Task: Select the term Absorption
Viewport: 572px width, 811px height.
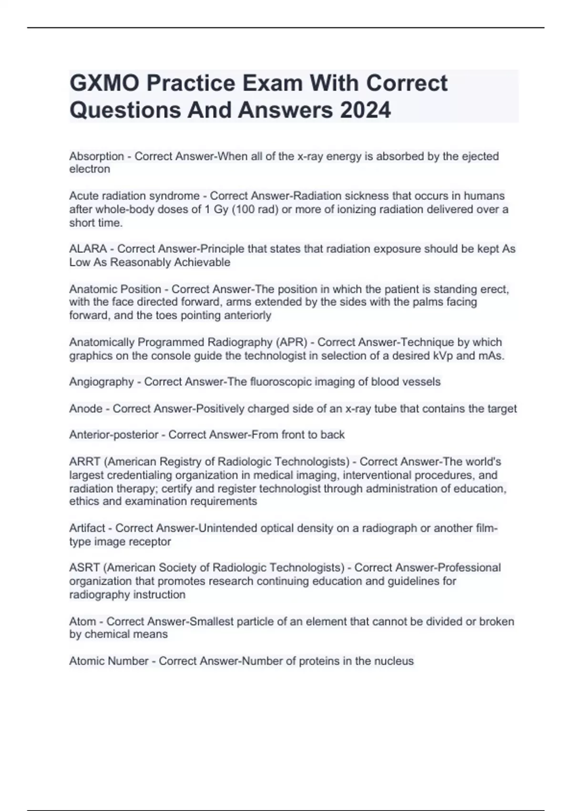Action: [x=97, y=156]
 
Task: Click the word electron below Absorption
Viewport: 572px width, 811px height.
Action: [x=90, y=169]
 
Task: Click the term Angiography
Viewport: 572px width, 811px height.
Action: [x=102, y=382]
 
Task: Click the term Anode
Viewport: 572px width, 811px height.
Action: [x=86, y=409]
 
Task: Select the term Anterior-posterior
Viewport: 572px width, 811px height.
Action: [x=114, y=435]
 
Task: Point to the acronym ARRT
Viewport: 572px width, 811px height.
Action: [x=85, y=462]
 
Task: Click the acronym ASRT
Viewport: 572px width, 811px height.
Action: [x=84, y=568]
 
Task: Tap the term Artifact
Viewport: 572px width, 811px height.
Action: [x=87, y=528]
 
